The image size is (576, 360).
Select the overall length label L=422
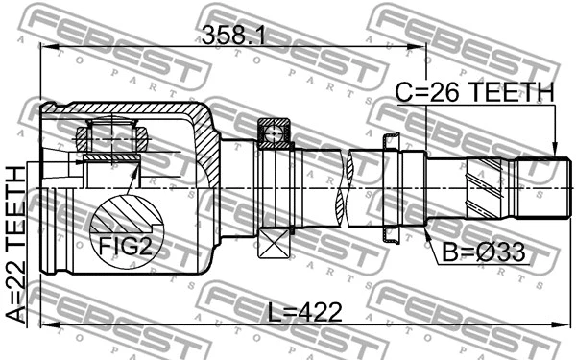302,314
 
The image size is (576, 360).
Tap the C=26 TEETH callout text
475,92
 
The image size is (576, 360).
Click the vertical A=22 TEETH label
16,244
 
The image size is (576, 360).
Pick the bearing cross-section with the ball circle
274,132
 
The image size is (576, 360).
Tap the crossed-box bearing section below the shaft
274,240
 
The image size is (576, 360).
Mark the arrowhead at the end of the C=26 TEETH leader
555,149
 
